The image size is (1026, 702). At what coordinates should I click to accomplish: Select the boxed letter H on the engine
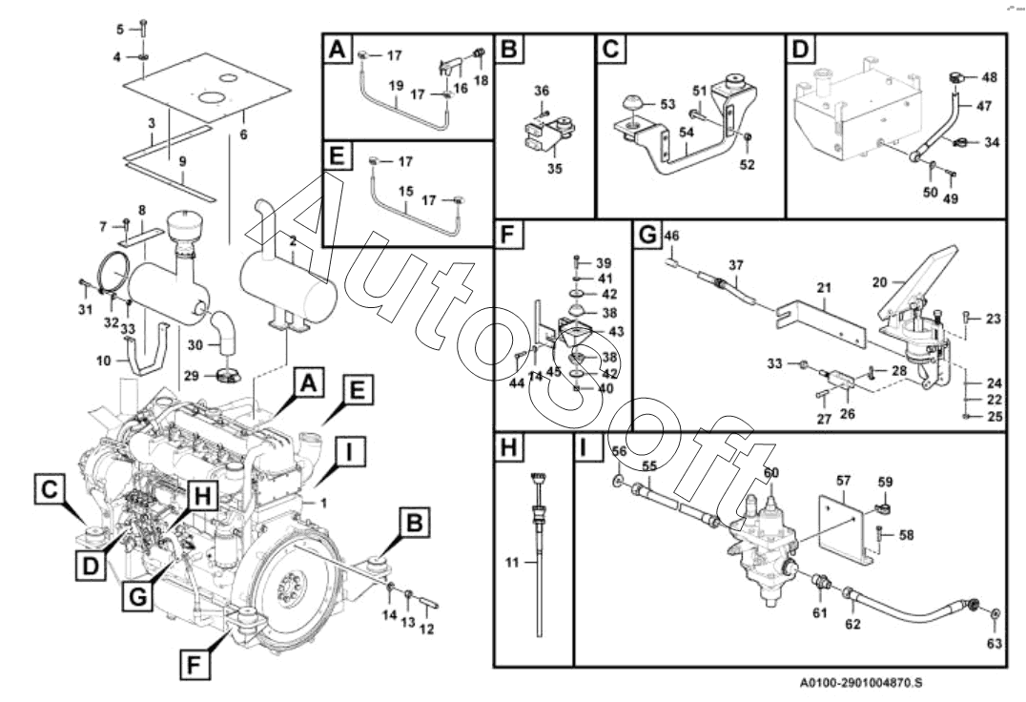(202, 495)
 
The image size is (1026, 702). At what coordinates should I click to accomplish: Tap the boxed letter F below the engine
(195, 662)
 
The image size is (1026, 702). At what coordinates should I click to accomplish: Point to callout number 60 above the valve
(771, 472)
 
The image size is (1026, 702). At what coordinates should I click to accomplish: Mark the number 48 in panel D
(989, 76)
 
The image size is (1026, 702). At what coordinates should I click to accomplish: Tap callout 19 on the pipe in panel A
(394, 85)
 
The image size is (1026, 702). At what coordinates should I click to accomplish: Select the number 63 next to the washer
(995, 644)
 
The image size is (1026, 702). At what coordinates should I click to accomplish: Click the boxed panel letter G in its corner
(646, 234)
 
